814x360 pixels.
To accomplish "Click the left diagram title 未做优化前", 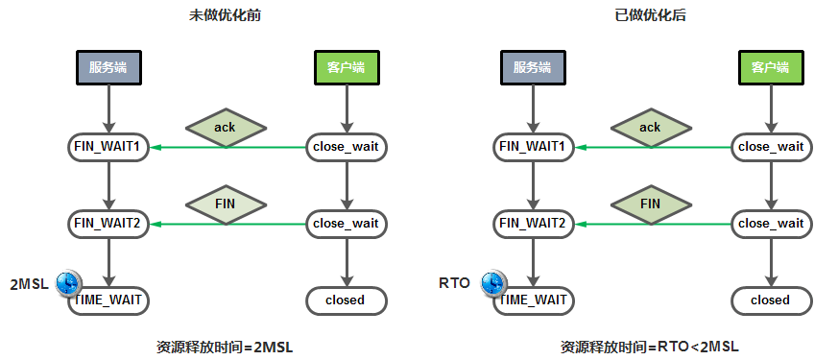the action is (x=226, y=15).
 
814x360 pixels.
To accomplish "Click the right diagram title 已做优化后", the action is (x=651, y=15).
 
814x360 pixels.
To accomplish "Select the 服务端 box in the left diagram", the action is (x=108, y=67).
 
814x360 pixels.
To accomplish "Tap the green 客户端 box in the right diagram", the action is (x=771, y=67).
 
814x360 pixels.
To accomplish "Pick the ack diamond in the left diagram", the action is (x=226, y=128).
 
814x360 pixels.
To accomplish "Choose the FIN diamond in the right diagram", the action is (x=651, y=204).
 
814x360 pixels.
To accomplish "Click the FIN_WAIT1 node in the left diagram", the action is (x=108, y=147).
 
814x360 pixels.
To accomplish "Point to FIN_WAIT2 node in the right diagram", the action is (x=533, y=224).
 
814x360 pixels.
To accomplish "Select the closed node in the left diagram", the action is (x=347, y=300).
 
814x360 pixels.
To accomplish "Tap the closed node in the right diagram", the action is (x=771, y=300).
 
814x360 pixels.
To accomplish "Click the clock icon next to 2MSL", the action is (x=68, y=283).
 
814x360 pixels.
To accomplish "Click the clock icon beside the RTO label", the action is (x=493, y=283).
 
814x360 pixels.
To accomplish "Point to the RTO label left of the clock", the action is (x=454, y=283).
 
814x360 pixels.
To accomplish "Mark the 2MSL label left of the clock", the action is (x=30, y=285).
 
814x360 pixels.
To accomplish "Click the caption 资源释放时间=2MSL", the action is (x=225, y=347).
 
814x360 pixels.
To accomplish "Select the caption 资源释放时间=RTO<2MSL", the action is (x=650, y=347).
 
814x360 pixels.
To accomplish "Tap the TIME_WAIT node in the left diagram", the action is (x=108, y=300).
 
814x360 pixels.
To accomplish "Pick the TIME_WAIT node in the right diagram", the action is (x=533, y=300).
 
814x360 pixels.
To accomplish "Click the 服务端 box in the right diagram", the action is (x=533, y=67).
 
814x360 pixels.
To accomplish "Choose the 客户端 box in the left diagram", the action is (x=347, y=67).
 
